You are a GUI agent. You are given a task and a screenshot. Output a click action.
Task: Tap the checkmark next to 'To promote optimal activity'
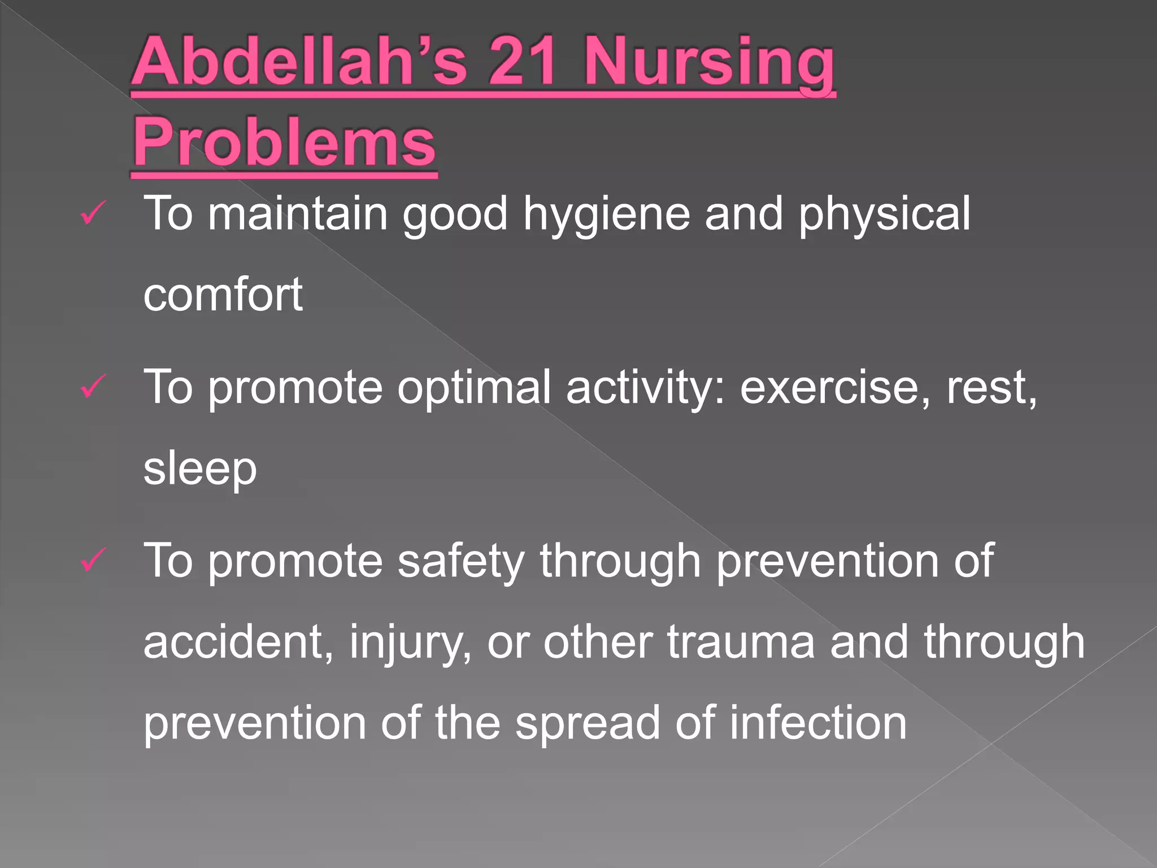click(x=92, y=387)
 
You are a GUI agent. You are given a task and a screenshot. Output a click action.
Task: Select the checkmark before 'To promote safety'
click(x=92, y=561)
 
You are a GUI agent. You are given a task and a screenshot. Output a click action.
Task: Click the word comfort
click(x=223, y=294)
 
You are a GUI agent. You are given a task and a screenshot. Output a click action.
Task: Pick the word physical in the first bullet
click(x=884, y=215)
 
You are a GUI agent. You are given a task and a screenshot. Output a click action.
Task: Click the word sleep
click(x=200, y=470)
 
